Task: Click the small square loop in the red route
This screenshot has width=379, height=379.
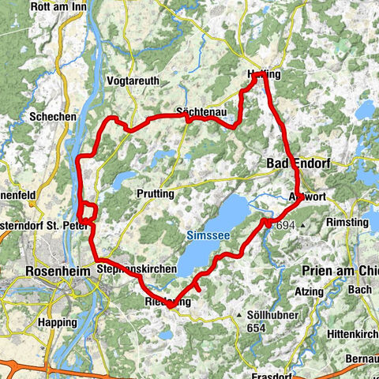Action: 88,213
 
